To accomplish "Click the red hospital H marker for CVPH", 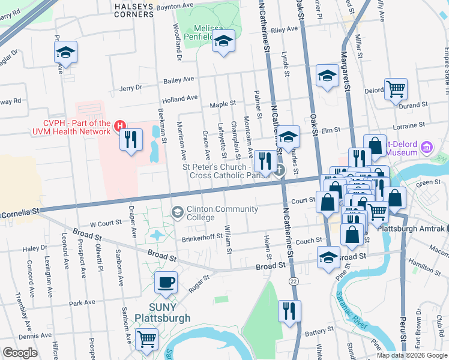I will (120, 125).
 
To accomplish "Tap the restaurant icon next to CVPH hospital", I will (130, 140).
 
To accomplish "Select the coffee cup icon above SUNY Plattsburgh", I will (166, 281).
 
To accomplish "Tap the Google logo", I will (20, 353).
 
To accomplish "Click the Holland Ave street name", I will (179, 98).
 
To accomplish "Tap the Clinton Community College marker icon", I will (178, 212).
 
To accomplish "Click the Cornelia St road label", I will (20, 211).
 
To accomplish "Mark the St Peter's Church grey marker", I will (280, 170).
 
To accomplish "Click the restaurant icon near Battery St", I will (289, 310).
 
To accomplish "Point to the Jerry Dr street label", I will (130, 88).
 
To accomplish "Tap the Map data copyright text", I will (411, 355).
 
